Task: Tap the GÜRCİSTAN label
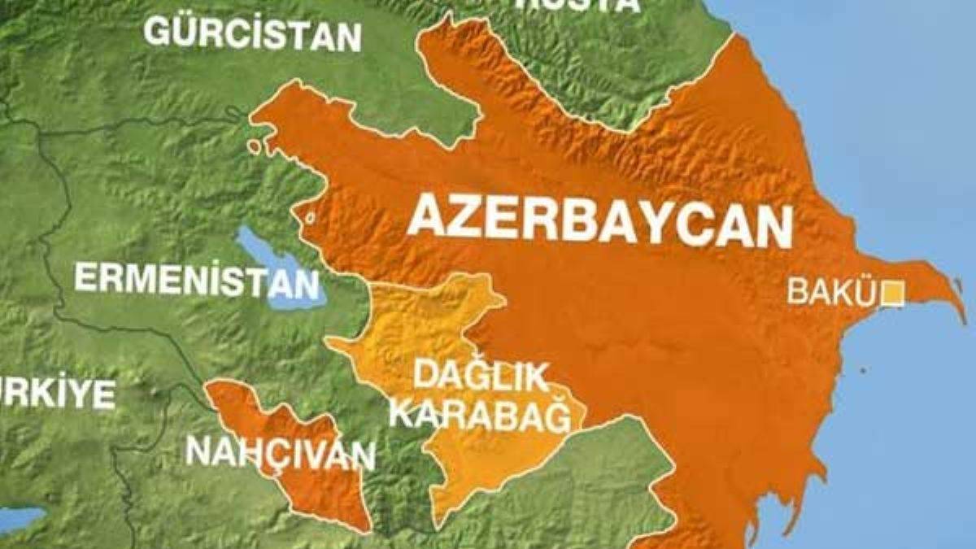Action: (x=252, y=34)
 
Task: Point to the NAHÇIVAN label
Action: (x=280, y=452)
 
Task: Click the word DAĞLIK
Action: (x=479, y=377)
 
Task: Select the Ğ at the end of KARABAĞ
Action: (x=573, y=416)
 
